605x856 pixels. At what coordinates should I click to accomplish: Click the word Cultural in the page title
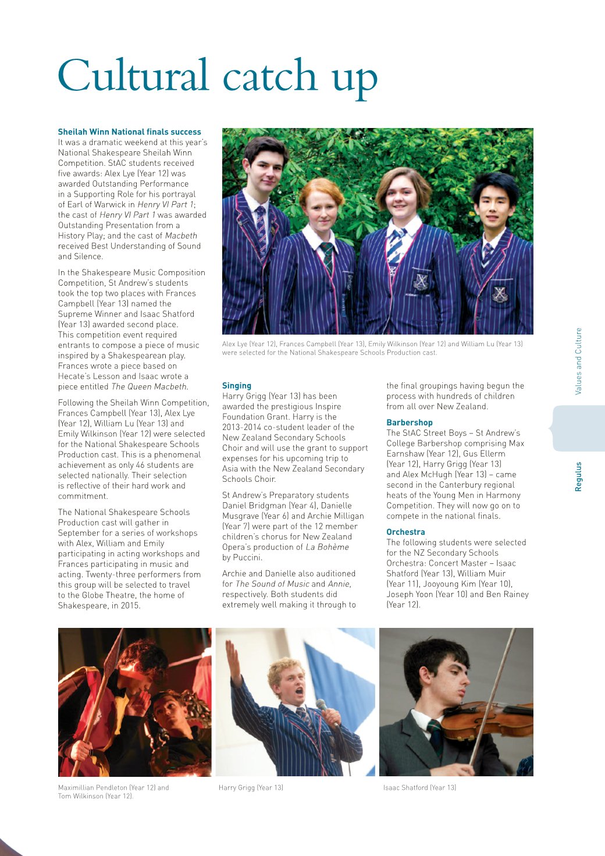[x=133, y=76]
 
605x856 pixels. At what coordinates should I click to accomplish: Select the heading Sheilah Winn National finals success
[x=129, y=132]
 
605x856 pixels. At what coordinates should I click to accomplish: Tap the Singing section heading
[x=237, y=385]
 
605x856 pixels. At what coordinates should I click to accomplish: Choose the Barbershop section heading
[x=410, y=422]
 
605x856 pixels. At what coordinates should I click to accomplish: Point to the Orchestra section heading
[x=405, y=532]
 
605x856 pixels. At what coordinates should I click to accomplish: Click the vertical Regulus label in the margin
[x=578, y=477]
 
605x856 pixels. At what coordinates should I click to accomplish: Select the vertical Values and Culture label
[x=578, y=361]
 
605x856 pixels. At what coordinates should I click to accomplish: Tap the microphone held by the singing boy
[x=322, y=706]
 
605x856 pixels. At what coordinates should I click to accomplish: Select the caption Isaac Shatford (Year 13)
[x=419, y=787]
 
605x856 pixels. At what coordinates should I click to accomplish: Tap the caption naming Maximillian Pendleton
[x=113, y=787]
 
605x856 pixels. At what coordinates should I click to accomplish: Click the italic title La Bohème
[x=328, y=547]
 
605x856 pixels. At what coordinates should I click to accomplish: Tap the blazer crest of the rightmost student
[x=500, y=294]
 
